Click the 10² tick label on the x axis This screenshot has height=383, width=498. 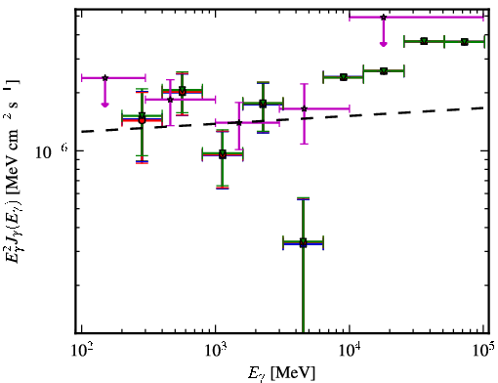[81, 351]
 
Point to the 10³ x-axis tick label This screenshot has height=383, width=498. [215, 351]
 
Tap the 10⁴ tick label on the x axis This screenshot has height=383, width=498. [350, 351]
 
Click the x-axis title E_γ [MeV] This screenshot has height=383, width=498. [281, 373]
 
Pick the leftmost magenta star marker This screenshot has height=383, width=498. [104, 78]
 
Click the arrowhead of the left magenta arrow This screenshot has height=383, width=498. [104, 105]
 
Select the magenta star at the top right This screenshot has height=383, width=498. [384, 17]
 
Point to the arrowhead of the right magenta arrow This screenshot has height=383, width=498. [384, 44]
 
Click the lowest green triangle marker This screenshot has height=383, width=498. [303, 241]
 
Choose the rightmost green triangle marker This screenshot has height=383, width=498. [465, 42]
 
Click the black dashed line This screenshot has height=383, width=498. [283, 119]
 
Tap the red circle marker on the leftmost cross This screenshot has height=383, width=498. [142, 120]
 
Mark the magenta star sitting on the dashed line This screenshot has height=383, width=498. [239, 123]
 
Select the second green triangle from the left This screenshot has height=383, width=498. [183, 90]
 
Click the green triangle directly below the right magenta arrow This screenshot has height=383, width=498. [384, 70]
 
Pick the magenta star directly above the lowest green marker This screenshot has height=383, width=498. [304, 108]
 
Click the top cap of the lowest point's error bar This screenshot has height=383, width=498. [303, 198]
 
